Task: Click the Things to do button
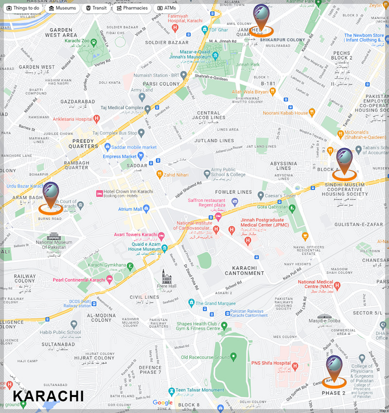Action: (23, 8)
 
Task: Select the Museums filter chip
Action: (63, 8)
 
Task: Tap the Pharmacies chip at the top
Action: (132, 8)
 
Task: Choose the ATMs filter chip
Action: (166, 8)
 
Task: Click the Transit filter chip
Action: (96, 8)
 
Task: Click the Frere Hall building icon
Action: (167, 277)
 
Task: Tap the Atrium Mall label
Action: (130, 209)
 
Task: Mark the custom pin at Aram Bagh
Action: (51, 194)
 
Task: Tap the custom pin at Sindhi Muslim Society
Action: (344, 160)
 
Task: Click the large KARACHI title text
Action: (48, 396)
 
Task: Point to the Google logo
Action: (162, 402)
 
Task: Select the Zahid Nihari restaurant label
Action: (175, 174)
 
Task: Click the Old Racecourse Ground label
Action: (205, 357)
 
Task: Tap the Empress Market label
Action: (120, 156)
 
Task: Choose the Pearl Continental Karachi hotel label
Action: (79, 280)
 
